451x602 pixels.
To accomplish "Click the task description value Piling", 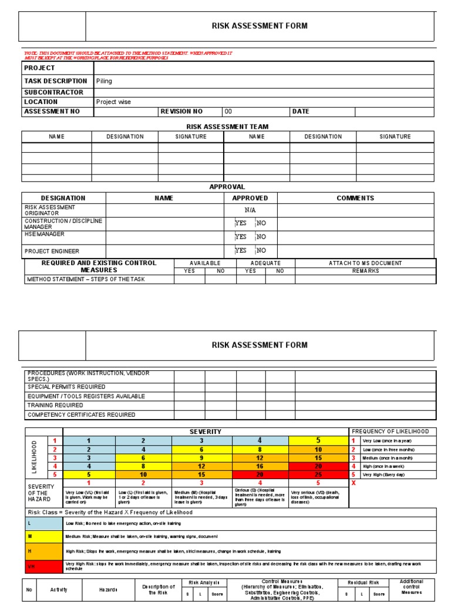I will [x=104, y=81].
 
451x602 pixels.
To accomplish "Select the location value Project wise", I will [x=113, y=102].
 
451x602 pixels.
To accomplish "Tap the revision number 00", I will [x=228, y=111].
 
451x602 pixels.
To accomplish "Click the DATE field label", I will [x=300, y=111].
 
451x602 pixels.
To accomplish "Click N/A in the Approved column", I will [x=250, y=210].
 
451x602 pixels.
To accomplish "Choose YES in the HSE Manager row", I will [x=241, y=237].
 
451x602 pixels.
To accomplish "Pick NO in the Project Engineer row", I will [x=261, y=250].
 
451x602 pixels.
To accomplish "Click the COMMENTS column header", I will [x=355, y=198].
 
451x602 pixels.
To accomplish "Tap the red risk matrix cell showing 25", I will [x=318, y=474].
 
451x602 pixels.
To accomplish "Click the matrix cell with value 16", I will [x=260, y=466].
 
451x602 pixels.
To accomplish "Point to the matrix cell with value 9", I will [x=201, y=457].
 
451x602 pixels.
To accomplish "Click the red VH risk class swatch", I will [x=45, y=567].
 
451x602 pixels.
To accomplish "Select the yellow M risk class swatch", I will [x=45, y=536].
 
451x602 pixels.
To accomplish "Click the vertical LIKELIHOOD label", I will [x=35, y=457].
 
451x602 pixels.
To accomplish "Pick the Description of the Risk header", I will [x=159, y=590].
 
